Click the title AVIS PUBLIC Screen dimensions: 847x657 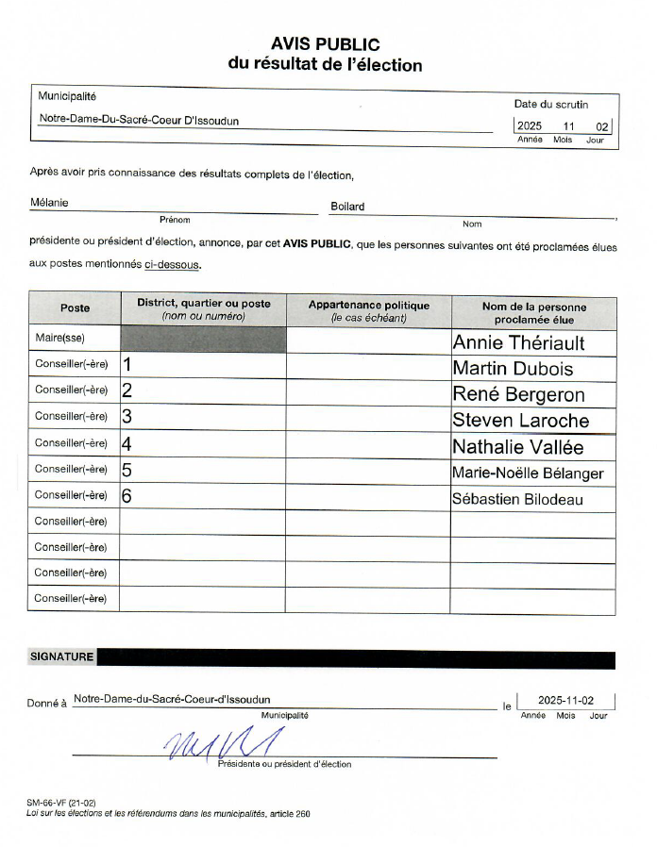pyautogui.click(x=325, y=44)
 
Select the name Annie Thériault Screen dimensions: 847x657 pyautogui.click(x=518, y=342)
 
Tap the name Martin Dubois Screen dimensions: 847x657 pyautogui.click(x=513, y=369)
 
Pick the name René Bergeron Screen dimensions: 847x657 pyautogui.click(x=518, y=394)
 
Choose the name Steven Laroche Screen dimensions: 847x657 pyautogui.click(x=520, y=421)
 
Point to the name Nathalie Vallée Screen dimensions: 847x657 pyautogui.click(x=517, y=447)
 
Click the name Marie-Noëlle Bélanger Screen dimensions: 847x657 pyautogui.click(x=528, y=473)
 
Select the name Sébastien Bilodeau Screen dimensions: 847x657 pyautogui.click(x=517, y=499)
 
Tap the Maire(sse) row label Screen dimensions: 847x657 pyautogui.click(x=59, y=339)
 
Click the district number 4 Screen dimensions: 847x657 pyautogui.click(x=126, y=443)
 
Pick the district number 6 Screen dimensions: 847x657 pyautogui.click(x=126, y=495)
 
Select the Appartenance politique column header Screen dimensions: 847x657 pyautogui.click(x=368, y=311)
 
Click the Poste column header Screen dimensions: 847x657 pyautogui.click(x=75, y=308)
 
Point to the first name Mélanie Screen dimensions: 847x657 pyautogui.click(x=49, y=203)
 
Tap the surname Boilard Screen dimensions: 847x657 pyautogui.click(x=347, y=207)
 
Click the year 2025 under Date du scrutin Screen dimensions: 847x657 pyautogui.click(x=530, y=126)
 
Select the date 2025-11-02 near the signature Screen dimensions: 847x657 pyautogui.click(x=565, y=700)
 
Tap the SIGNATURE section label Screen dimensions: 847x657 pyautogui.click(x=61, y=657)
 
